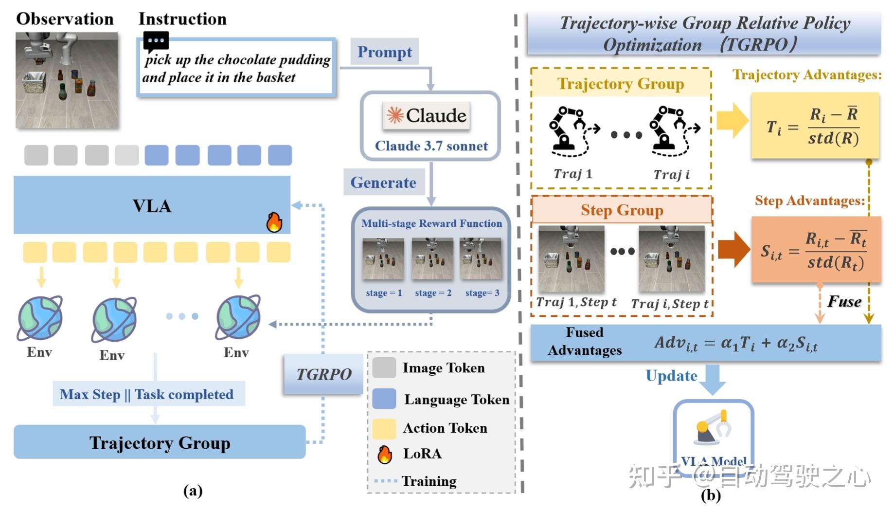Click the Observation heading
65,18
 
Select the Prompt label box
384,52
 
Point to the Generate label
383,182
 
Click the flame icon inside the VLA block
274,222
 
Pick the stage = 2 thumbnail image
432,259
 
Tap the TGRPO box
323,374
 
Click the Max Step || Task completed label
146,394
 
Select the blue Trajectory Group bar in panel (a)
160,442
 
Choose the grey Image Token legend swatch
384,367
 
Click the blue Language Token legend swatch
384,399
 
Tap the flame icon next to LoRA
385,454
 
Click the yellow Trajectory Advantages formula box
815,126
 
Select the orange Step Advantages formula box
816,250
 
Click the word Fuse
844,301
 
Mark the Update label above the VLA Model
671,376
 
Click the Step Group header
622,210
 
